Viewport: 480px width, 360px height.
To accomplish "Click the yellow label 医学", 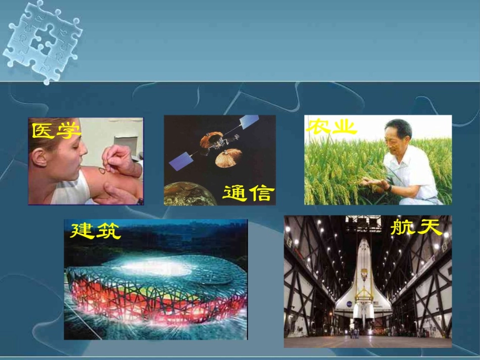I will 56,131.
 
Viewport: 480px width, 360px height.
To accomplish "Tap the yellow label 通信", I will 249,193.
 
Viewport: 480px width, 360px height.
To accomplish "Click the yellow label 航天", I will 416,228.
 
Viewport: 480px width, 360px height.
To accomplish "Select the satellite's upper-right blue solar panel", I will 249,122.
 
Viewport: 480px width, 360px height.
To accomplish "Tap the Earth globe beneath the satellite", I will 189,195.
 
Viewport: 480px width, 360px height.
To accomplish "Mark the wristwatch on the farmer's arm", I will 389,187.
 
